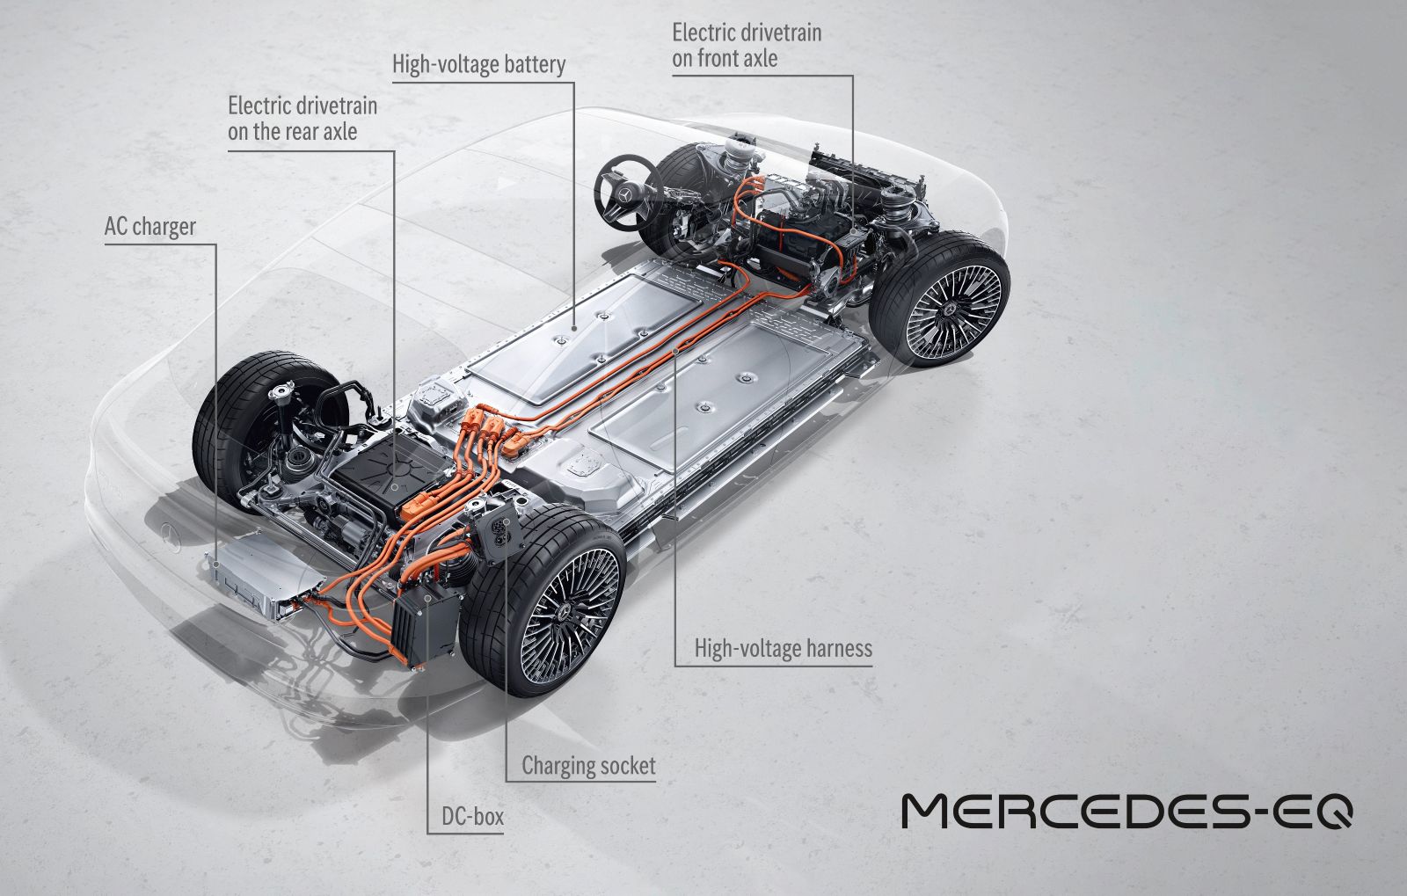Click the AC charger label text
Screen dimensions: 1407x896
(150, 227)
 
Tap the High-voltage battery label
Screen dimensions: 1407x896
(478, 65)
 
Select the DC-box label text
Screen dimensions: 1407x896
(472, 816)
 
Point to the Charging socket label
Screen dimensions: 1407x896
(588, 765)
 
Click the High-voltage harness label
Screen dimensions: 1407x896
(784, 648)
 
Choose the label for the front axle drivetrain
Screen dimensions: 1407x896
(747, 45)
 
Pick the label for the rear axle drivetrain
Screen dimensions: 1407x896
(303, 118)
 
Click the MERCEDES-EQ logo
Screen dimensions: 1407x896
(1126, 812)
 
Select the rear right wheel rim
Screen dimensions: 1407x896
(569, 616)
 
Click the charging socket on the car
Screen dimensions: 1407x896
(499, 530)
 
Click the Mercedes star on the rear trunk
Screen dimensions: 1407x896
(171, 536)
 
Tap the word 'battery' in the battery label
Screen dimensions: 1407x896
(536, 65)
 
